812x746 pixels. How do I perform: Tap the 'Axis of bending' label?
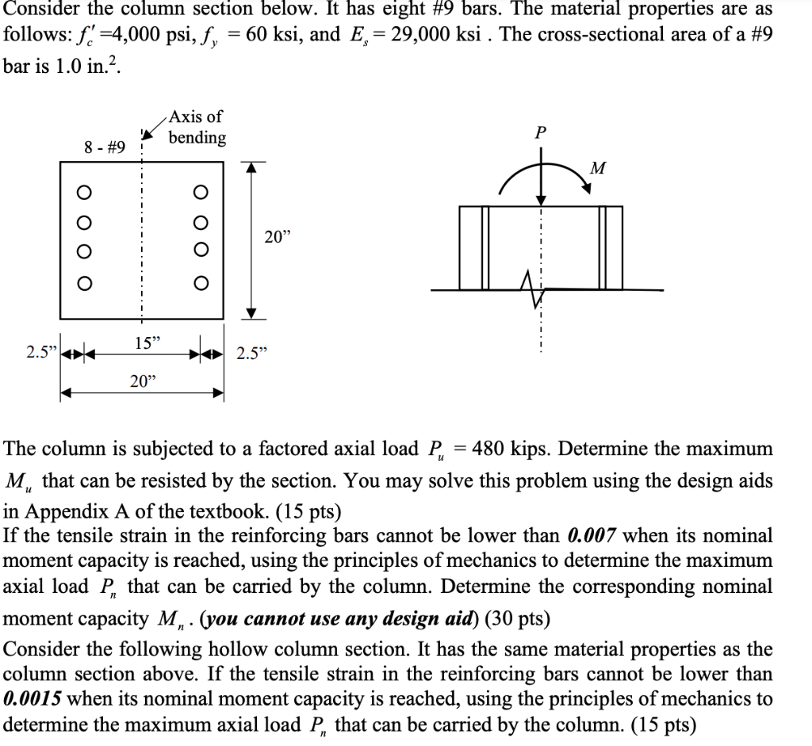197,128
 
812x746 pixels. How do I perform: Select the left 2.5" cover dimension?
40,353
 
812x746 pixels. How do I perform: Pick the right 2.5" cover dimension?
252,353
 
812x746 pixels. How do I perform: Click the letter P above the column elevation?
540,133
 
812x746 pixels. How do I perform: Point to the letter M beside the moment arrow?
598,168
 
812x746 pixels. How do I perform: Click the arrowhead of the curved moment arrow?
588,187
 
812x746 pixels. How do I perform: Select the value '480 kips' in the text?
505,450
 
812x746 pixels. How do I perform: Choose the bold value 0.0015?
35,700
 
